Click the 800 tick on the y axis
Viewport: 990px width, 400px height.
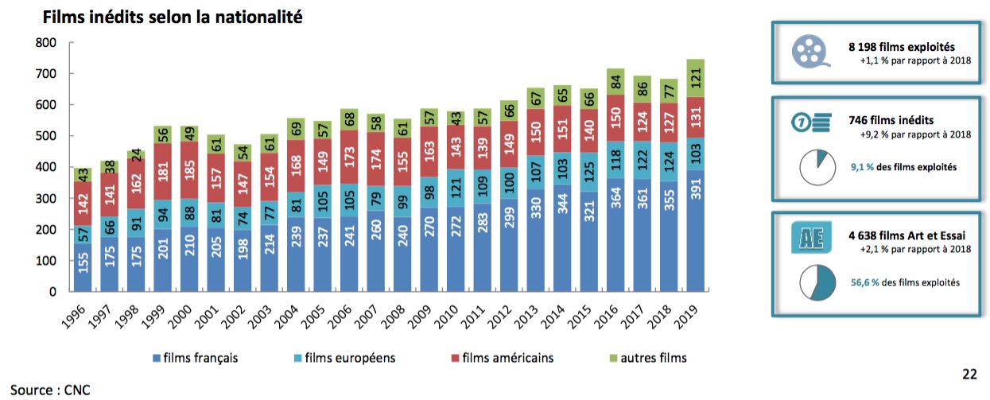coord(45,42)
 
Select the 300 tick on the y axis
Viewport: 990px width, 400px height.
coord(45,198)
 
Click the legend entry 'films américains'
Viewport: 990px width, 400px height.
coord(507,358)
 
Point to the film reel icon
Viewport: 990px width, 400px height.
coord(809,52)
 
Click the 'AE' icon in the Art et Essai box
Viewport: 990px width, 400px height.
coord(808,239)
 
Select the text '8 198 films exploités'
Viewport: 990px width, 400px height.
coord(901,47)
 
